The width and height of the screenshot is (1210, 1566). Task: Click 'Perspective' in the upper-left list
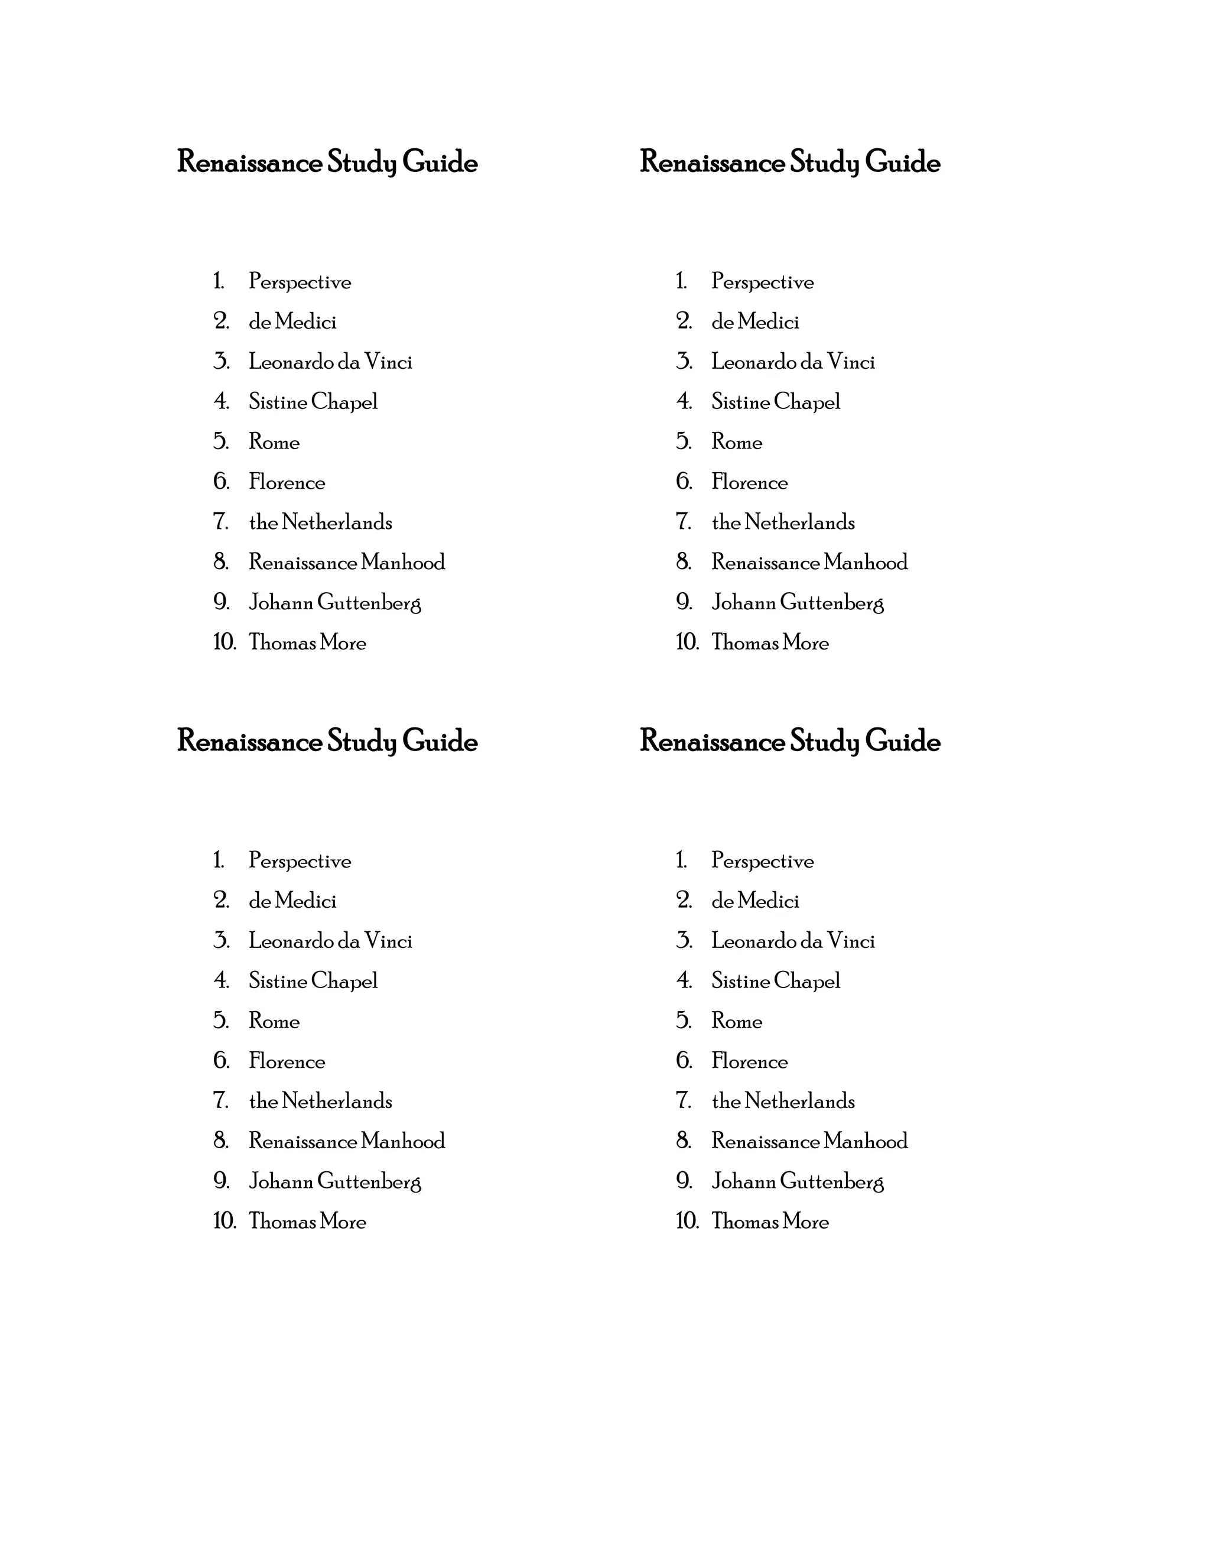[300, 282]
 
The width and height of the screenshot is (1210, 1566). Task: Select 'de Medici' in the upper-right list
[755, 322]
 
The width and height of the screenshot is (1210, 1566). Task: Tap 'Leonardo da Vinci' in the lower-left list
[330, 941]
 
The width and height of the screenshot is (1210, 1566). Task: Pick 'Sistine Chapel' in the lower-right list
[776, 981]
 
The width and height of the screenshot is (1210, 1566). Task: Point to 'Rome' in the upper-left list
[274, 441]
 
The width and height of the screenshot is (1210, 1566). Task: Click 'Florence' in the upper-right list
[749, 482]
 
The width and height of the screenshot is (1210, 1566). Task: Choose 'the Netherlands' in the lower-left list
[320, 1102]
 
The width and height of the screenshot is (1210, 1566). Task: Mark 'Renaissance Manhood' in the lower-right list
[809, 1142]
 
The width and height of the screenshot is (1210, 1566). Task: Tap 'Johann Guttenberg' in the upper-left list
[335, 602]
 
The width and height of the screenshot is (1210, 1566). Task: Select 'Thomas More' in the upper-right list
[770, 642]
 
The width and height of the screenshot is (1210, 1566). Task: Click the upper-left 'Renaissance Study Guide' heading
[327, 162]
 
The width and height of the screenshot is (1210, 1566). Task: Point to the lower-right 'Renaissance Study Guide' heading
[790, 742]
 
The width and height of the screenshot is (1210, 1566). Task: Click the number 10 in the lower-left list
[225, 1221]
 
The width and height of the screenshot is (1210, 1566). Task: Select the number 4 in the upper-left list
[222, 401]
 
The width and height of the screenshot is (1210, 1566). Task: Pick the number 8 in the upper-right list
[684, 562]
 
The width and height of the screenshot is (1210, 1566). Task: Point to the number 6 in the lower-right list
[684, 1061]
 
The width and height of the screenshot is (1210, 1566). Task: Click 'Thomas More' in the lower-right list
[770, 1222]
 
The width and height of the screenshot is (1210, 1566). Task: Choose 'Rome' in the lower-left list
[274, 1021]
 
